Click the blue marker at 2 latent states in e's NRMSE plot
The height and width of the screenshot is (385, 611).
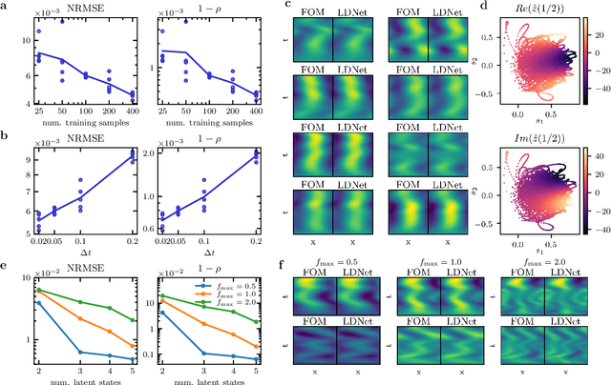(37, 303)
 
